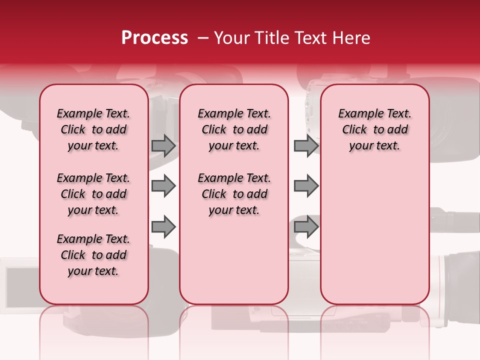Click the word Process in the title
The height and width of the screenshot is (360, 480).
click(x=154, y=38)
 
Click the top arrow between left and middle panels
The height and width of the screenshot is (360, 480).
click(x=163, y=145)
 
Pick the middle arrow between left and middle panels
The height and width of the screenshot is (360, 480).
click(x=163, y=186)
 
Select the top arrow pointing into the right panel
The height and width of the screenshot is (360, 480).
click(x=306, y=145)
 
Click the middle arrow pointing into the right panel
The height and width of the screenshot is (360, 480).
click(x=306, y=186)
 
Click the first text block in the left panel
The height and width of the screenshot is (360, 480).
click(x=93, y=129)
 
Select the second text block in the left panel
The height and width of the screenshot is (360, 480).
click(x=93, y=194)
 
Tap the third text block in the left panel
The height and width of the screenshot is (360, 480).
click(x=93, y=255)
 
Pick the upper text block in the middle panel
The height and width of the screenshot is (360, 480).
click(x=234, y=129)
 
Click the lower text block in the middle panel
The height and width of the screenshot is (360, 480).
click(x=234, y=194)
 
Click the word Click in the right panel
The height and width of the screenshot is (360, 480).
click(x=354, y=129)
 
